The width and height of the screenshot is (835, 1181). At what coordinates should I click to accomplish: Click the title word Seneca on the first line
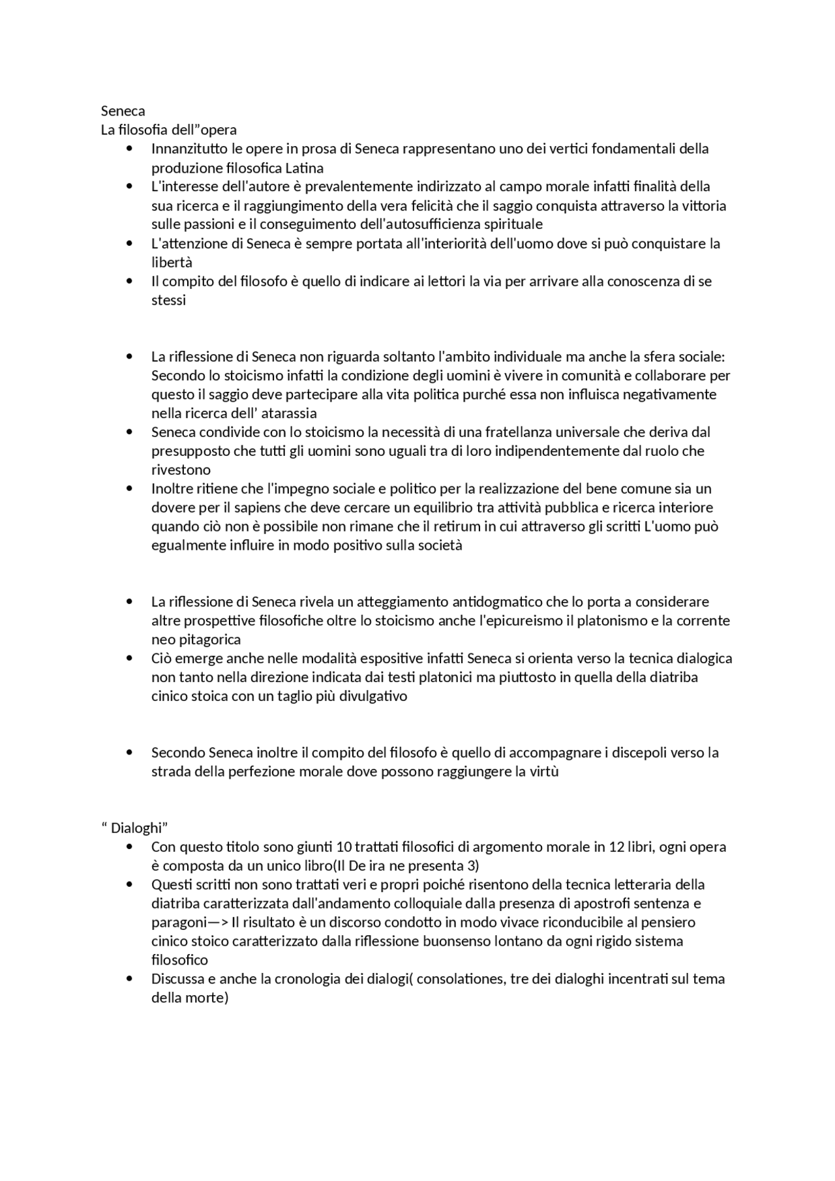pos(123,111)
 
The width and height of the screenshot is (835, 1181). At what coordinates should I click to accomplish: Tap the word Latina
pos(304,168)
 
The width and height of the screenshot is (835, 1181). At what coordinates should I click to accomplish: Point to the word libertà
pos(172,262)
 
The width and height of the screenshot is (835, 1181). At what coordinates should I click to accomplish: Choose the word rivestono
pos(181,470)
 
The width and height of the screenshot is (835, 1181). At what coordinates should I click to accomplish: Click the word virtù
pos(545,771)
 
